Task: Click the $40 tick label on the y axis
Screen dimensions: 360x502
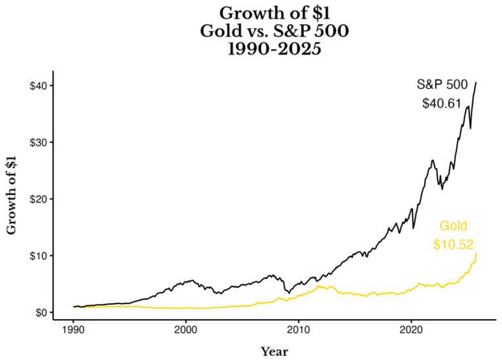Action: click(40, 86)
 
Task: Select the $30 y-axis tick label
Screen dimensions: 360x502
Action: click(40, 142)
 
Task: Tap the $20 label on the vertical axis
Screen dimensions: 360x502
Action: click(40, 199)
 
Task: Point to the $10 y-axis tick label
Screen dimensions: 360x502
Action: click(40, 256)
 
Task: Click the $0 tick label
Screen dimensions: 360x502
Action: click(43, 313)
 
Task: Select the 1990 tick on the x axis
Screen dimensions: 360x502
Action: click(73, 329)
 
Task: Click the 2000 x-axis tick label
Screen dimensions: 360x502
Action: click(185, 329)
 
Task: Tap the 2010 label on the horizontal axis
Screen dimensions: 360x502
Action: click(298, 329)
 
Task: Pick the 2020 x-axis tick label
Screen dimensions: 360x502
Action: click(411, 329)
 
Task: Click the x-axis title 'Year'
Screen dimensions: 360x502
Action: click(273, 351)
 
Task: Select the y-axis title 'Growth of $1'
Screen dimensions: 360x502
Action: click(11, 193)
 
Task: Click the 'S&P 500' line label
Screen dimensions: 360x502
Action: click(442, 84)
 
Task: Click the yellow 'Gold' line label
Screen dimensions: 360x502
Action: click(452, 226)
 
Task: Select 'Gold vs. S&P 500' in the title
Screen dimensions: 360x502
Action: click(251, 30)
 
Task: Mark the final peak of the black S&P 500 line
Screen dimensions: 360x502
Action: click(476, 83)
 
